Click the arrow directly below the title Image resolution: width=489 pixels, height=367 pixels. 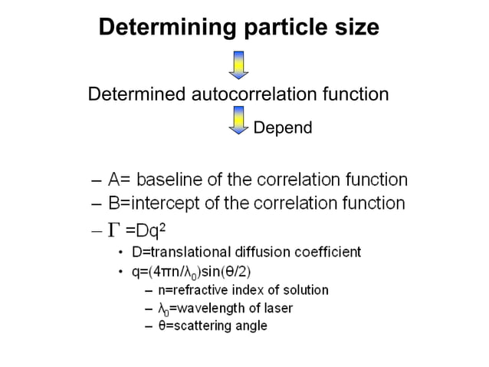pos(240,64)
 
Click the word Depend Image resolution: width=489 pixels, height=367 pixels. pos(283,127)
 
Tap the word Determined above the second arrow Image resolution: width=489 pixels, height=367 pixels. pos(136,94)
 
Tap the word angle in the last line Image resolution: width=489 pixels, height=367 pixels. pos(251,326)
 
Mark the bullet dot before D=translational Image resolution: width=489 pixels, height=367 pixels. pos(121,253)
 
